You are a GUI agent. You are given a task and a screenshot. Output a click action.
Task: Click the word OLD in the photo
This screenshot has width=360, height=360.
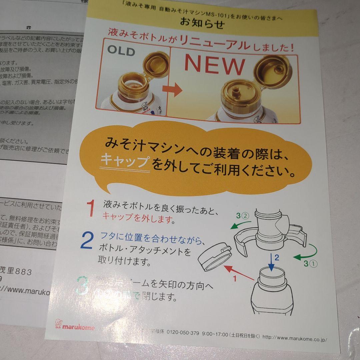[121, 51]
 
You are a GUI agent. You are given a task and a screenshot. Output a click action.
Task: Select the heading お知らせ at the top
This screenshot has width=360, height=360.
[202, 24]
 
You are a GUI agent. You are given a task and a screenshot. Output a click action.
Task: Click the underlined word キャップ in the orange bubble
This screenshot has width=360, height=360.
[125, 161]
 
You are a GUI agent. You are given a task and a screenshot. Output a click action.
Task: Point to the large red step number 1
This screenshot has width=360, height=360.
[91, 208]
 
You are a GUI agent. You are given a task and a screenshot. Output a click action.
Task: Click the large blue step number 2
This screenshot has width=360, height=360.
[87, 241]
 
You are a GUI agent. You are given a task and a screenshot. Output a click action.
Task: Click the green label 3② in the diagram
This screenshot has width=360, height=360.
[242, 216]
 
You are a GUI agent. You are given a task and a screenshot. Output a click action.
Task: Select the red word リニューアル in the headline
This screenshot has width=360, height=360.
[214, 43]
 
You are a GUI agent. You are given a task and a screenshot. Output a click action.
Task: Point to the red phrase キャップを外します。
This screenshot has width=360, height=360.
[138, 218]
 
